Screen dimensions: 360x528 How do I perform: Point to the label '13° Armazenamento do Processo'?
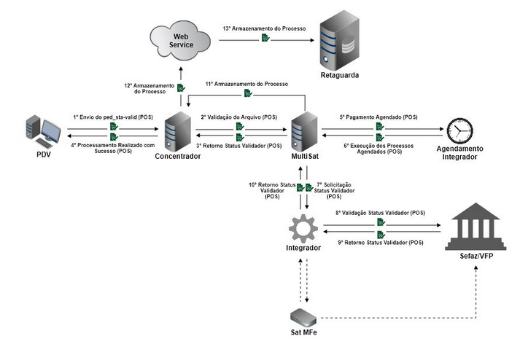[264, 28]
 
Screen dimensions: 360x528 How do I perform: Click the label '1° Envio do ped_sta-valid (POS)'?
[113, 117]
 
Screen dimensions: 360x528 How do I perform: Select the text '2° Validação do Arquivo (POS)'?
[239, 117]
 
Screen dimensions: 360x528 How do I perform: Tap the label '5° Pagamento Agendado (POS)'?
[379, 117]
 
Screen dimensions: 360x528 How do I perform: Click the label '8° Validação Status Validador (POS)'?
[380, 212]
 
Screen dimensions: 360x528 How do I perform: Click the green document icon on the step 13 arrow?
[265, 38]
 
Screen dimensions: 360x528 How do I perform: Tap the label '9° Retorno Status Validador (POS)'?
[380, 243]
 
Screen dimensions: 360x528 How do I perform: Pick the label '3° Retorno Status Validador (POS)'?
[238, 146]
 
